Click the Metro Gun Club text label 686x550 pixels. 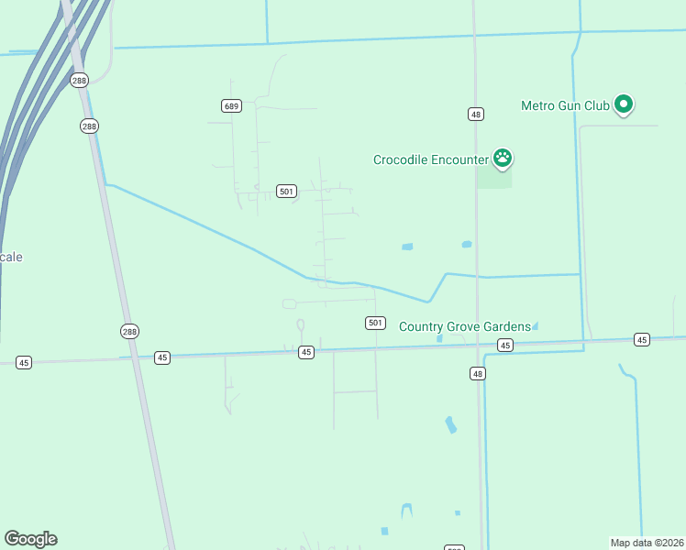tap(565, 105)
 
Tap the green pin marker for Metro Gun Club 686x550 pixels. tap(624, 104)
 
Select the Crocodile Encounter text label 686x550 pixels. tap(430, 159)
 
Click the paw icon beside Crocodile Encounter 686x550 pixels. tap(502, 158)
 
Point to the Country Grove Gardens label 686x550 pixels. tap(464, 326)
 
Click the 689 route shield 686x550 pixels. tap(231, 106)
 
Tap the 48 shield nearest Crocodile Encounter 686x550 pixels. tap(475, 114)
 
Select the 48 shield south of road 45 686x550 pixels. tap(477, 373)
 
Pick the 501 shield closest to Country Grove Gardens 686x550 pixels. tap(374, 323)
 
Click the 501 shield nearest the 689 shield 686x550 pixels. tap(286, 192)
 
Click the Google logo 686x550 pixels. tap(30, 539)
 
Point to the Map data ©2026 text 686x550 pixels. tap(647, 542)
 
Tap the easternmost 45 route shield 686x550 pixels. tap(641, 340)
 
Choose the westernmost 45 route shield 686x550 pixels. tap(24, 363)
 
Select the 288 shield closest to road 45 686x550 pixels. tap(129, 331)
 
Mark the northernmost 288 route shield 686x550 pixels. tap(79, 80)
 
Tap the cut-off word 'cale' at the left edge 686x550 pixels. tap(11, 257)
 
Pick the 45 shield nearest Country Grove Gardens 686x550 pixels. tap(504, 345)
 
